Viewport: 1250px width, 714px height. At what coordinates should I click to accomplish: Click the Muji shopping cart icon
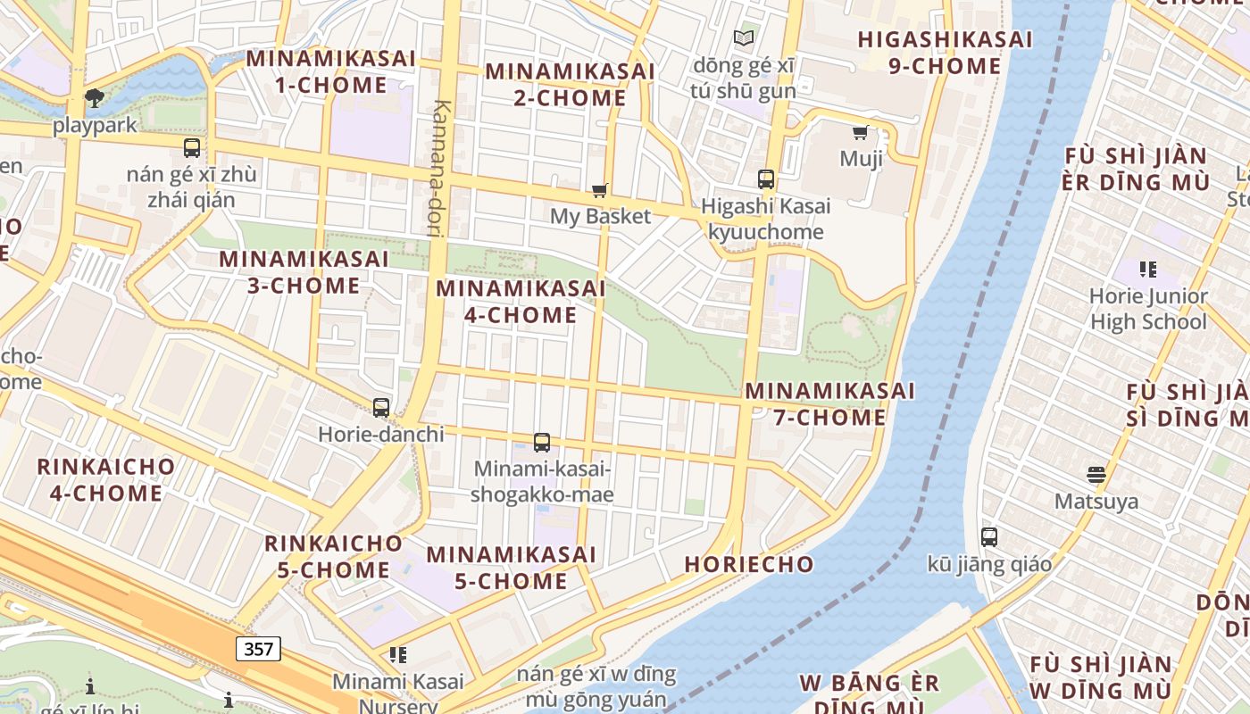pos(861,133)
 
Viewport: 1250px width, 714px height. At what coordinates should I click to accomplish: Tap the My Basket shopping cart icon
pos(600,190)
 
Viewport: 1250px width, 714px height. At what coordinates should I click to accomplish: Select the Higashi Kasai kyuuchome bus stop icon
pos(766,179)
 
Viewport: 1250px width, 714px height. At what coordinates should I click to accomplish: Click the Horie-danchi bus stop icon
pos(381,408)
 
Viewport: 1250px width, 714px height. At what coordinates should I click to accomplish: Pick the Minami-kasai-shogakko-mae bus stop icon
pos(542,443)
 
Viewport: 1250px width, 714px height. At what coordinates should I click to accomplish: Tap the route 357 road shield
pos(259,648)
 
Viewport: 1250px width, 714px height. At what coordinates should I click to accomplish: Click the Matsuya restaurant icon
pos(1096,475)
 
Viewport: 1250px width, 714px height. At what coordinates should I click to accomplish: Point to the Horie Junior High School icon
pos(1148,269)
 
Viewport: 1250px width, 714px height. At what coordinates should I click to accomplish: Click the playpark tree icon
pos(94,98)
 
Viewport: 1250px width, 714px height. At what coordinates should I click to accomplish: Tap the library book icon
pos(744,37)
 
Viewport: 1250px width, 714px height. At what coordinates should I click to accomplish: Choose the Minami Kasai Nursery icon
pos(398,655)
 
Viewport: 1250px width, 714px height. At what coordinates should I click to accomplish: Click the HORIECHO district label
pos(749,564)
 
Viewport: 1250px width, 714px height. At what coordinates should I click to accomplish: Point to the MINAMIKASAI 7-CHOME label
pos(829,404)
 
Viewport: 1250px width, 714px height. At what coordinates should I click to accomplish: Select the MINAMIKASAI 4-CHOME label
pos(521,302)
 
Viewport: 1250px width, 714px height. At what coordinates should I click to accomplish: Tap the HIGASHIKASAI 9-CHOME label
pos(945,53)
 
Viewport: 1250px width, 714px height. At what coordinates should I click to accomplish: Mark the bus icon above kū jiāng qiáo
pos(989,537)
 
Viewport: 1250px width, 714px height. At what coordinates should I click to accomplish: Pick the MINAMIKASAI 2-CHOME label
pos(570,84)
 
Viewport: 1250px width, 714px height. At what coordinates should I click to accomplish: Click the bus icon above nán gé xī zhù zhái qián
pos(192,148)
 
